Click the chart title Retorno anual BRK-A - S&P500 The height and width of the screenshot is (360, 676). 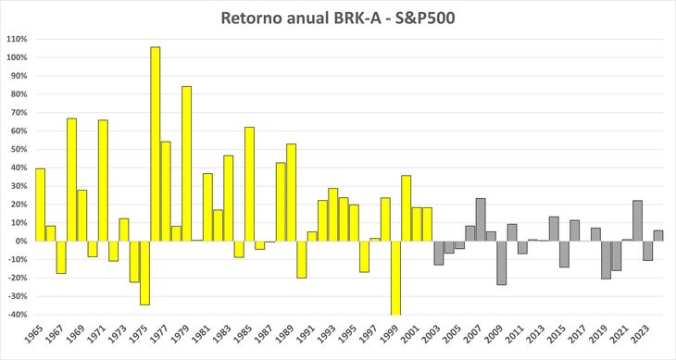click(337, 19)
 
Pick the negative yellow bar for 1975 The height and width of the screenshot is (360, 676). click(144, 272)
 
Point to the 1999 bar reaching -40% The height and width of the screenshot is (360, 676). click(395, 278)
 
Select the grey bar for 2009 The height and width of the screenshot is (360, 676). click(500, 262)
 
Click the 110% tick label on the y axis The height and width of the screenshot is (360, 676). click(16, 39)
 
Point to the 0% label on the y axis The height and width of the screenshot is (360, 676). click(20, 241)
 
